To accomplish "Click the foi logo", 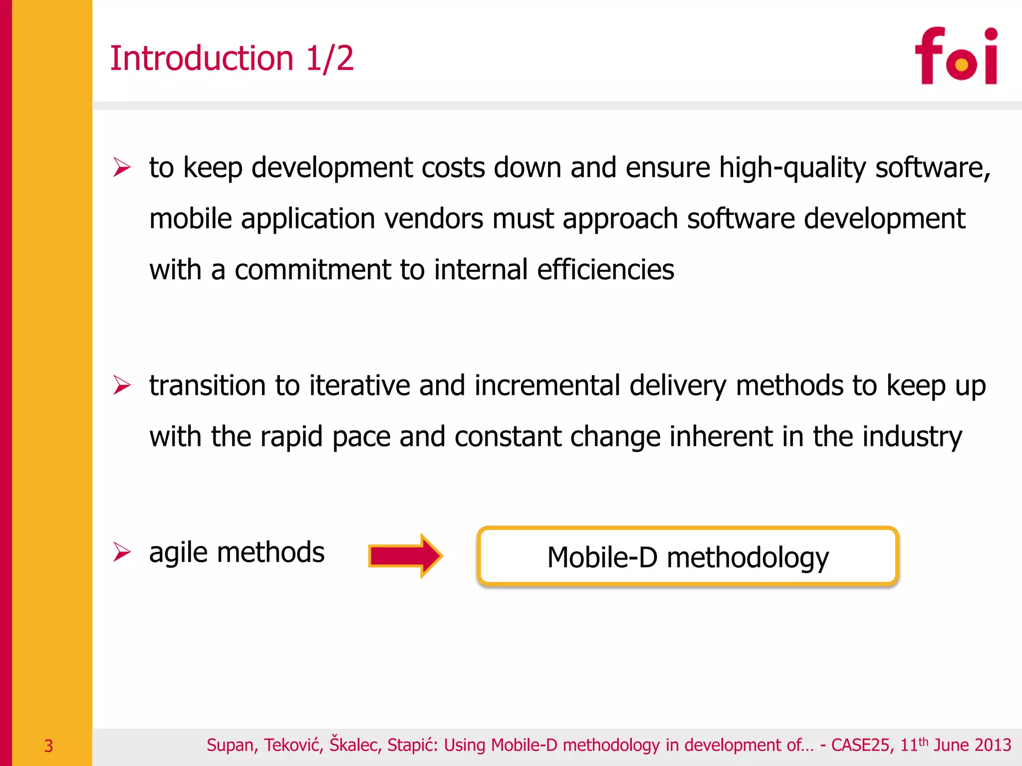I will [x=956, y=56].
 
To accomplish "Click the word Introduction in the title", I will [x=202, y=58].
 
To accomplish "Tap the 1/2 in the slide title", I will [x=329, y=58].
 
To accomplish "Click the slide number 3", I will [x=48, y=746].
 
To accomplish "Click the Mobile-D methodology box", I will [x=688, y=556].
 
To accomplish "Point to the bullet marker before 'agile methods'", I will [x=122, y=552].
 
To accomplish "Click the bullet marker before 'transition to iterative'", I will [x=122, y=385].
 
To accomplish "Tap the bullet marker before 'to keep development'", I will [x=122, y=167].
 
